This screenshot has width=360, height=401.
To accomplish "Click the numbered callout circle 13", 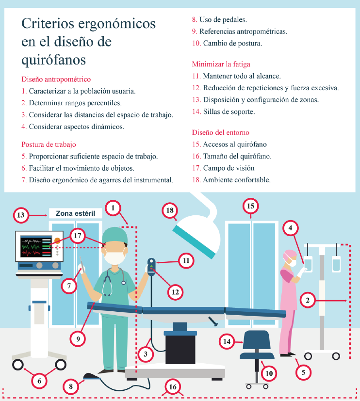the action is coord(21,215).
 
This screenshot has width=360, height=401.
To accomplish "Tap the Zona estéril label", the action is coord(76,213).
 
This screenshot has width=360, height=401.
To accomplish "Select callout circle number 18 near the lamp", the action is coord(170,210).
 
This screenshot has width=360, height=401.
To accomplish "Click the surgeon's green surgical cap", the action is coord(115,235).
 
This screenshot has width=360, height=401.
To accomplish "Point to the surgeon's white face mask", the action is coord(115,258).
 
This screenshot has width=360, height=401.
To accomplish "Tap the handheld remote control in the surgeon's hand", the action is coord(151,267).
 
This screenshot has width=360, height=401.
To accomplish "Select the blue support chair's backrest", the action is coord(257,340).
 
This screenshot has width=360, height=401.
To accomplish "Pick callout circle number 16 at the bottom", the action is coord(173,386).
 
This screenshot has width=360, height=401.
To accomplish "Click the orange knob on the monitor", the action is coord(57,241).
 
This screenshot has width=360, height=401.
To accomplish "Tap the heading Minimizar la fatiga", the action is coord(221,64).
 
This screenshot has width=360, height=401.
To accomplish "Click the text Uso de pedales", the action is coord(223,20).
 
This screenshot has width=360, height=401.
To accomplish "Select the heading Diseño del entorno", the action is coord(221,132).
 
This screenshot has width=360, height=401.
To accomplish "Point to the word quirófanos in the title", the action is coord(53,60).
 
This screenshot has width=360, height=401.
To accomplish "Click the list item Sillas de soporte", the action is coord(229,112).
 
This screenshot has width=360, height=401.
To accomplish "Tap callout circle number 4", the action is coord(291,228).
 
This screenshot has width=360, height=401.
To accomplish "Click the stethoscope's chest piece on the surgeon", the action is coord(124,283).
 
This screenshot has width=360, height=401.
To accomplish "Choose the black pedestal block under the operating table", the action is coord(180,349).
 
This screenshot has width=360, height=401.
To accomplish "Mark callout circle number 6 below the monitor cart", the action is coord(39,381).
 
